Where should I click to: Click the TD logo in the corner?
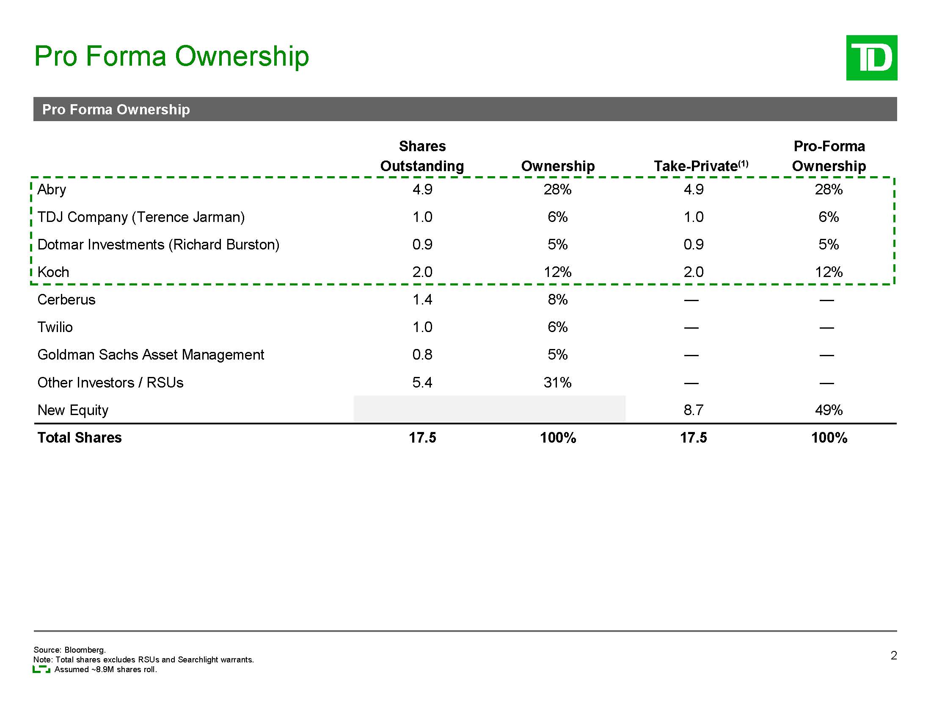871,58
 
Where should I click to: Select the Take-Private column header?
700,166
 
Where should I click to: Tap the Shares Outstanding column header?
422,156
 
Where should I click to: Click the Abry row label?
52,189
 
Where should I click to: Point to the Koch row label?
53,272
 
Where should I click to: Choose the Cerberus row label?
66,300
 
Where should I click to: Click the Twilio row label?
55,327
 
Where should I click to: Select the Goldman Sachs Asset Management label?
151,355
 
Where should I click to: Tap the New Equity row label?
73,410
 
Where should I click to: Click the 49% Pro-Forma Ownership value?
828,410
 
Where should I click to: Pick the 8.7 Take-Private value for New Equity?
693,410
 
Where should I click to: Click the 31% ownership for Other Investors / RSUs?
557,382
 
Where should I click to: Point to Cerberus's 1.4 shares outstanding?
422,300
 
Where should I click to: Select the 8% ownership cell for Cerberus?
557,300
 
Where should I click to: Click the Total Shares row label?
80,438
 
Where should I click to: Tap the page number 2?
893,656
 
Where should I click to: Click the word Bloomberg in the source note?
84,650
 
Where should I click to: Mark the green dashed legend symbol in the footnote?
41,670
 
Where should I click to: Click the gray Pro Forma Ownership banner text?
116,110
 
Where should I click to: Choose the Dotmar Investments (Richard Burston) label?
158,245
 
